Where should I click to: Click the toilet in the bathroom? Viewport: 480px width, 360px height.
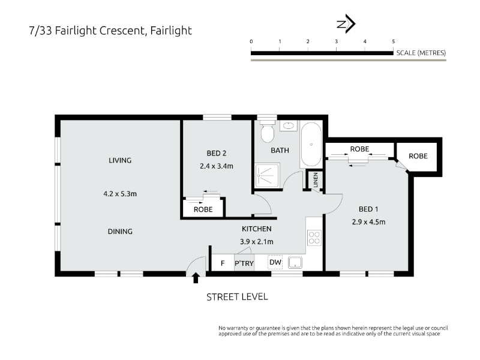pos(267,131)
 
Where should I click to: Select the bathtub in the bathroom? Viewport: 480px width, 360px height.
pos(311,145)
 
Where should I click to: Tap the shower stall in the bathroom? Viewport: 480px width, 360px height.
pos(267,176)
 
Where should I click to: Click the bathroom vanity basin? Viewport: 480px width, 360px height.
pos(289,125)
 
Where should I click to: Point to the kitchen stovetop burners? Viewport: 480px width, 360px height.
pos(314,238)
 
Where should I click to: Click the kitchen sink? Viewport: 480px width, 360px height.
pos(295,263)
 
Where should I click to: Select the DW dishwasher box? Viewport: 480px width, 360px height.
pos(275,262)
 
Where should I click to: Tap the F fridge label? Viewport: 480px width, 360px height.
pos(223,263)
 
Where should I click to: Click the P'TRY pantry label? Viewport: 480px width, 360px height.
pos(244,263)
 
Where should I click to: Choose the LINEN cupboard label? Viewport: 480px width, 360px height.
pos(316,180)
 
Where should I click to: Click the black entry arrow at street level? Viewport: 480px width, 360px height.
pos(196,278)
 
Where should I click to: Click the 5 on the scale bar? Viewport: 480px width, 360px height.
pos(394,41)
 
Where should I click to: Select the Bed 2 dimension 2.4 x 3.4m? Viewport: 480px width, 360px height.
pos(217,166)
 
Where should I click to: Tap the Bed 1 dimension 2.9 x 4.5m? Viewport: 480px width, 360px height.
pos(368,222)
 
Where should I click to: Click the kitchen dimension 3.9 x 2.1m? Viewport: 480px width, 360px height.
pos(257,242)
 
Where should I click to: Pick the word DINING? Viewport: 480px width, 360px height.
pos(120,232)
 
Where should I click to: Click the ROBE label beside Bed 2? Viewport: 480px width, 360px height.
pos(203,209)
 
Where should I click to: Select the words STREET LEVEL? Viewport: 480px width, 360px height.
pos(237,297)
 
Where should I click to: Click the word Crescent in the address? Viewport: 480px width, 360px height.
pos(122,31)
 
